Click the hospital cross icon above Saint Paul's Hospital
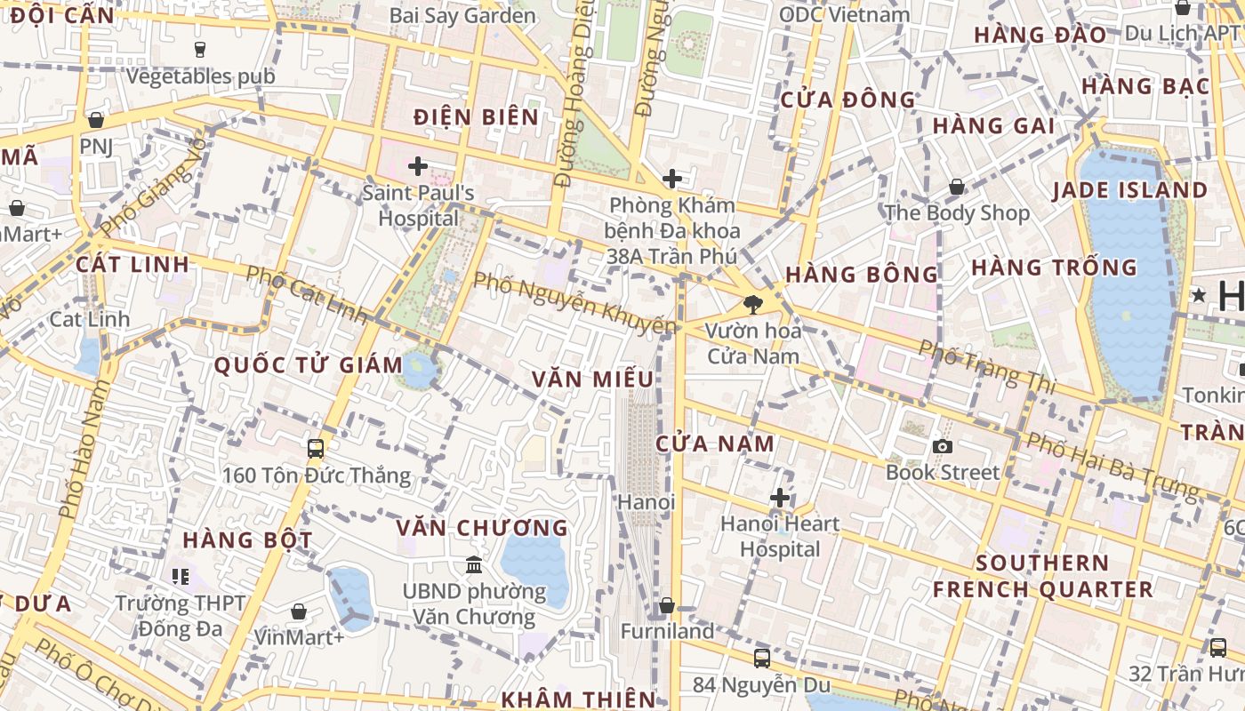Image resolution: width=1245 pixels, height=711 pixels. pyautogui.click(x=417, y=166)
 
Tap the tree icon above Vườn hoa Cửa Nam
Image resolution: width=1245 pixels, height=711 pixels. pyautogui.click(x=752, y=305)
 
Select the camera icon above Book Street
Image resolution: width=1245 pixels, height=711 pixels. pyautogui.click(x=942, y=446)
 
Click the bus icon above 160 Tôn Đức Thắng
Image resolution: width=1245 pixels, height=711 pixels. pyautogui.click(x=316, y=449)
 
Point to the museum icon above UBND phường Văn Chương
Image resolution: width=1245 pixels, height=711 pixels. pyautogui.click(x=474, y=564)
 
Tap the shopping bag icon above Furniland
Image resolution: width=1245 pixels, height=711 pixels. pyautogui.click(x=666, y=606)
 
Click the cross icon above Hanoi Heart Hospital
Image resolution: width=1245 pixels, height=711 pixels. pyautogui.click(x=780, y=498)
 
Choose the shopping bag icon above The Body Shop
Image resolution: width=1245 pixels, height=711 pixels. pyautogui.click(x=957, y=188)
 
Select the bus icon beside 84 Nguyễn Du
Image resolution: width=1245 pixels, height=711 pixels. pyautogui.click(x=762, y=659)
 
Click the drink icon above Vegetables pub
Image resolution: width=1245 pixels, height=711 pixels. pyautogui.click(x=199, y=50)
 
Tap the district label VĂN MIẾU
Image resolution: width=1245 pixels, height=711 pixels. pyautogui.click(x=592, y=379)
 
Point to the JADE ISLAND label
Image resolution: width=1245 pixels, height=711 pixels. pyautogui.click(x=1129, y=190)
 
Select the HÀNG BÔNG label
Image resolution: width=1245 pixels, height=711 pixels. pyautogui.click(x=862, y=275)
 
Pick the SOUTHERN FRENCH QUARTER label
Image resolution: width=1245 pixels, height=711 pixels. pyautogui.click(x=1042, y=576)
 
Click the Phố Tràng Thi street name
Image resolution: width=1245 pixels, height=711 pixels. pyautogui.click(x=987, y=365)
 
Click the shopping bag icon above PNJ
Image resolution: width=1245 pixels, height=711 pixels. pyautogui.click(x=96, y=120)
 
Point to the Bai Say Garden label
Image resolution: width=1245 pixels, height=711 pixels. pyautogui.click(x=462, y=16)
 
